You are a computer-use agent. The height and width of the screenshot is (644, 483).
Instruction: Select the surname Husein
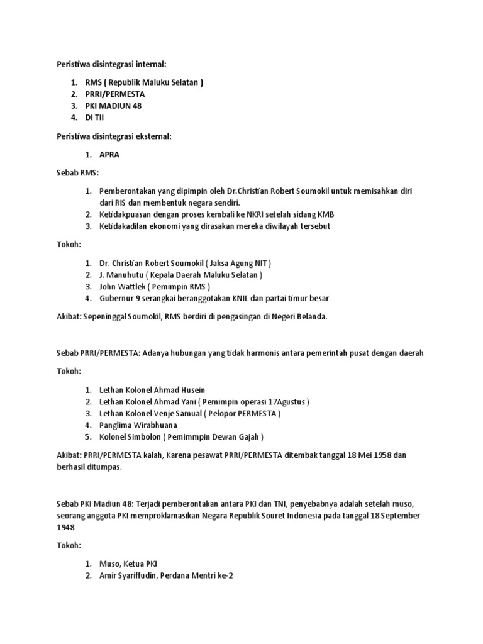(x=191, y=390)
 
